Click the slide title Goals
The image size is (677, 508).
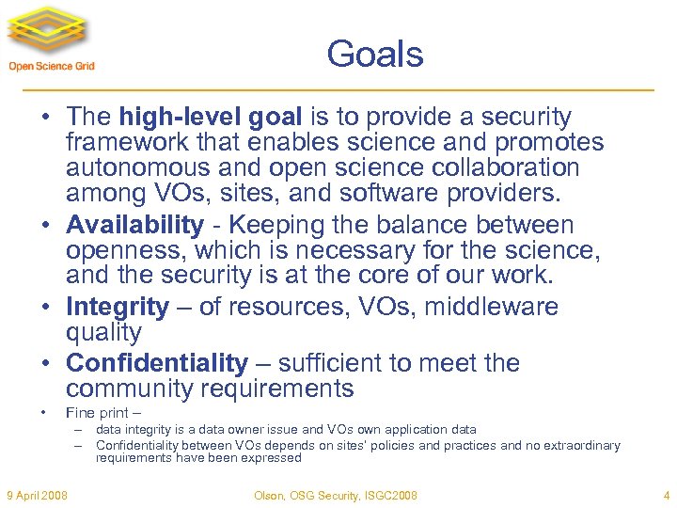tap(375, 54)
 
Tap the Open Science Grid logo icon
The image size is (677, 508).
tap(52, 32)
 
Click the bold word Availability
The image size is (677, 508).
tap(134, 226)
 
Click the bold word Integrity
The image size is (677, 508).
tap(118, 308)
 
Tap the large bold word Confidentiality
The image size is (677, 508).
tap(157, 363)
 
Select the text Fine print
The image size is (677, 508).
tap(97, 413)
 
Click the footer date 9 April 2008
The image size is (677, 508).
tap(37, 495)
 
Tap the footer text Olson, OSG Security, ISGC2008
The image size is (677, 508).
tap(336, 495)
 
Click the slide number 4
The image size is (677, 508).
tap(666, 495)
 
